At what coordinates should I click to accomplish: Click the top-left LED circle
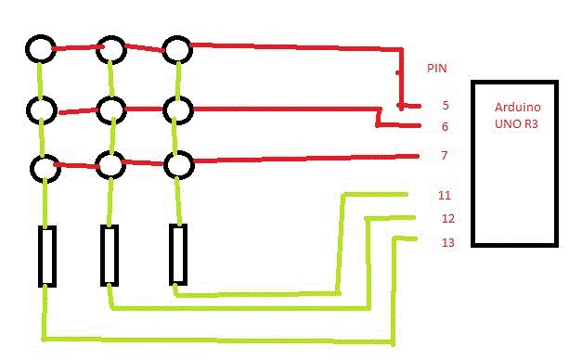coord(28,48)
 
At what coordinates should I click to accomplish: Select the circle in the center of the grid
coord(98,110)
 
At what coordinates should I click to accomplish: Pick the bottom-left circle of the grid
coord(32,169)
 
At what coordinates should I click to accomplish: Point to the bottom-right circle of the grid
coord(166,164)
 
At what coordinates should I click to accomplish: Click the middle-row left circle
coord(29,110)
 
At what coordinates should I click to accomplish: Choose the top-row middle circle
coord(98,50)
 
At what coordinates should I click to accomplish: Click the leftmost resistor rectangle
coord(40,256)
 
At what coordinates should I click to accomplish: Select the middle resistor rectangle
coord(102,255)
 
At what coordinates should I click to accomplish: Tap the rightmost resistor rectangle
coord(171,254)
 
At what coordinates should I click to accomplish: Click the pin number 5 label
coord(446,106)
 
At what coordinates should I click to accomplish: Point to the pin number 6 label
coord(445,127)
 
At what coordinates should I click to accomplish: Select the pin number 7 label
coord(444,155)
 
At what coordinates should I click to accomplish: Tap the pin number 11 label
coord(445,195)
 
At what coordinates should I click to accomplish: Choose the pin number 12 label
coord(448,219)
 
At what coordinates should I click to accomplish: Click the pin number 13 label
coord(448,243)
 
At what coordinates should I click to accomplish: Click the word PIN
coord(437,69)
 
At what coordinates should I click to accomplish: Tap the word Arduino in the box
coord(517,108)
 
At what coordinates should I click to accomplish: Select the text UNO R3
coord(516,124)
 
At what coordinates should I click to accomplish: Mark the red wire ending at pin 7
coord(306,159)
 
